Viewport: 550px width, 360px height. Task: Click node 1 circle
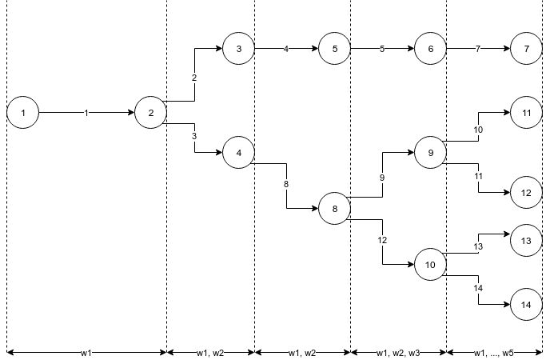pos(23,113)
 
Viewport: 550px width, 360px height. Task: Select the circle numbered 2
pos(151,113)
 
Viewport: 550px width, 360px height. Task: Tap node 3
pos(239,49)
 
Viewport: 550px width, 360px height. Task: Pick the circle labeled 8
pos(335,210)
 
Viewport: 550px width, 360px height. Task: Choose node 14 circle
pos(527,305)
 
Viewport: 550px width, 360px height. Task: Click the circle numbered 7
pos(527,49)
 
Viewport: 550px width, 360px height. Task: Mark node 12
pos(527,193)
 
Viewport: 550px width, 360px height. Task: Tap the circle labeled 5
pos(335,49)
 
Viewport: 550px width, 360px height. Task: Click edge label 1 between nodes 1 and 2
pos(86,114)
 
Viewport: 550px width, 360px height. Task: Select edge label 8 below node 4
pos(286,185)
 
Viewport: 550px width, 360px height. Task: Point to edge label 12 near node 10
pos(382,240)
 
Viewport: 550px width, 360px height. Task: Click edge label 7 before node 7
pos(478,50)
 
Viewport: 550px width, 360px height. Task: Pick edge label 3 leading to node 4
pos(194,136)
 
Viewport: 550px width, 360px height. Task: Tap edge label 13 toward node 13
pos(478,246)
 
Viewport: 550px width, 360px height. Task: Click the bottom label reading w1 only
pos(86,353)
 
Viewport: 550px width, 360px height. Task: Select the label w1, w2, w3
pos(398,353)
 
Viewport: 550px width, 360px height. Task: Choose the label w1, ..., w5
pos(494,353)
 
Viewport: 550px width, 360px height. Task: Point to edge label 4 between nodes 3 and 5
pos(286,50)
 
